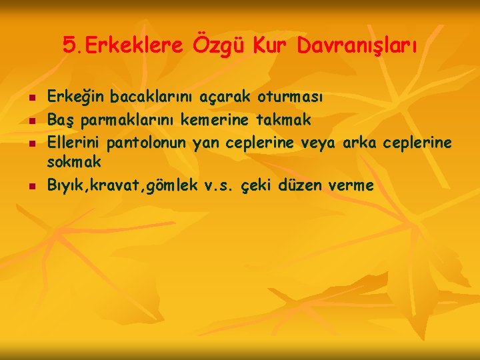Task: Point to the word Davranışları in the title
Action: [357, 47]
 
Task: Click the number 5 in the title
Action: [69, 46]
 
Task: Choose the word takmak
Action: [283, 120]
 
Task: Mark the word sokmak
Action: [74, 161]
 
